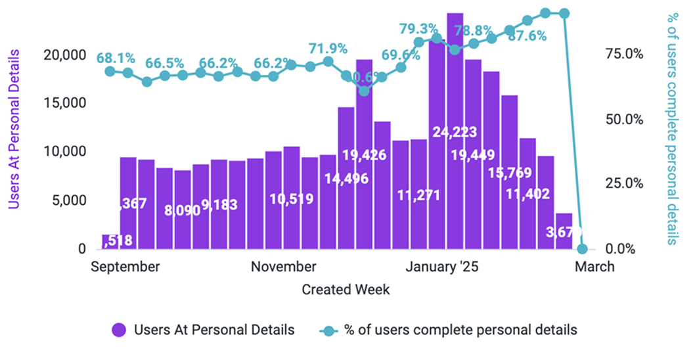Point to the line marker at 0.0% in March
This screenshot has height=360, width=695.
pyautogui.click(x=582, y=249)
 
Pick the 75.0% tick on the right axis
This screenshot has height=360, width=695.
pyautogui.click(x=623, y=55)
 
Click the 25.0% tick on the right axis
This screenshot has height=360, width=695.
pyautogui.click(x=623, y=184)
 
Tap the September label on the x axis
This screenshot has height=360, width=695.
pyautogui.click(x=125, y=267)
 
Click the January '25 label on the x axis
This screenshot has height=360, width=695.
pyautogui.click(x=442, y=267)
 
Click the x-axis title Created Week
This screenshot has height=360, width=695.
pyautogui.click(x=346, y=289)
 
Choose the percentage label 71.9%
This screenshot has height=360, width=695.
pyautogui.click(x=328, y=49)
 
